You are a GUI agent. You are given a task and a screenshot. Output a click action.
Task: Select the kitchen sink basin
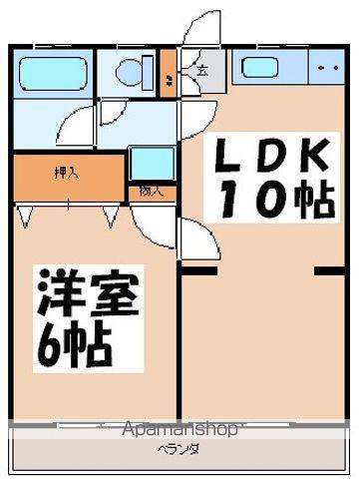coord(263,69)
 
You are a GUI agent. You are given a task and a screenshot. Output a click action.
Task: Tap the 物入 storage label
coord(152,191)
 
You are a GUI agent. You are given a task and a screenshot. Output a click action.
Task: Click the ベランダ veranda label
coord(179,449)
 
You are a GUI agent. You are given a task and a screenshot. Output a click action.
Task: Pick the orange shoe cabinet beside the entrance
coord(168,73)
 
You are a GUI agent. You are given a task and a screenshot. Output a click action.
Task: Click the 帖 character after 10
coord(312,201)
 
